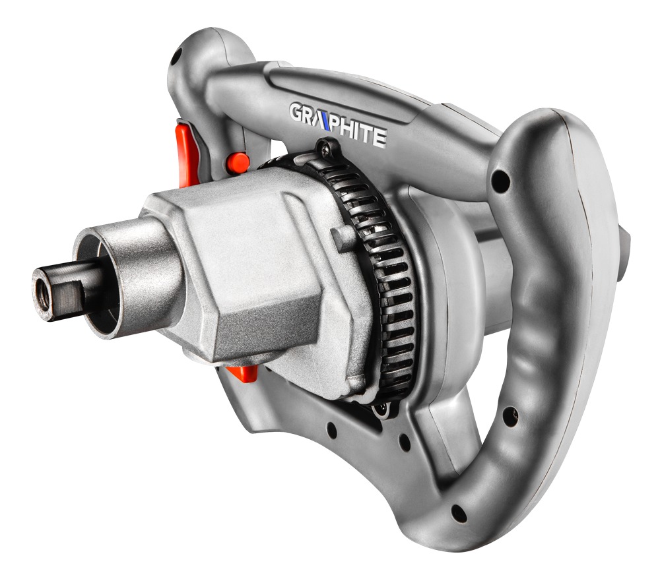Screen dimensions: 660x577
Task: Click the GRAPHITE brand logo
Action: (337, 125)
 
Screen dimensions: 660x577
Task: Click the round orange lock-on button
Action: (238, 163)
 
